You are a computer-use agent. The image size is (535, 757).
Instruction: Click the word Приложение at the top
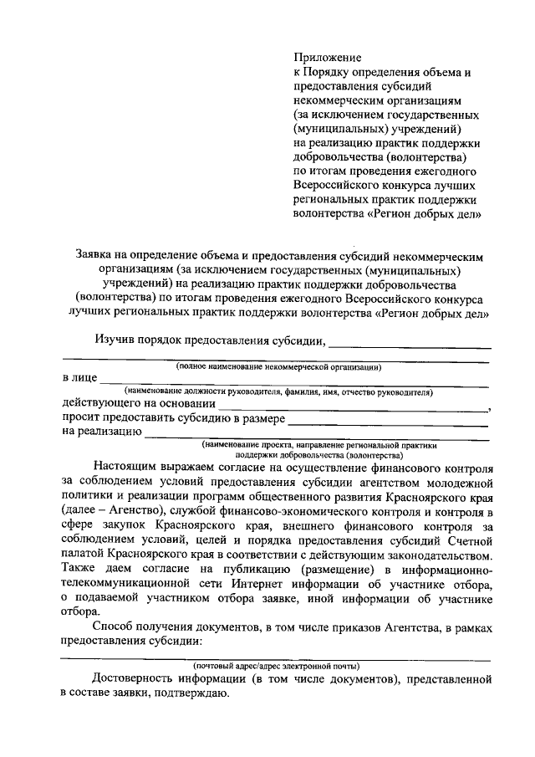pos(327,58)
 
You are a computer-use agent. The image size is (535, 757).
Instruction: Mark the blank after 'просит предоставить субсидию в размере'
pos(389,419)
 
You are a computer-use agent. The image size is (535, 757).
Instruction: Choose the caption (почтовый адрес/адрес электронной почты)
pos(277,666)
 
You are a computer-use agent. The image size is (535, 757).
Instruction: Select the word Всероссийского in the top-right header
pos(336,186)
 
